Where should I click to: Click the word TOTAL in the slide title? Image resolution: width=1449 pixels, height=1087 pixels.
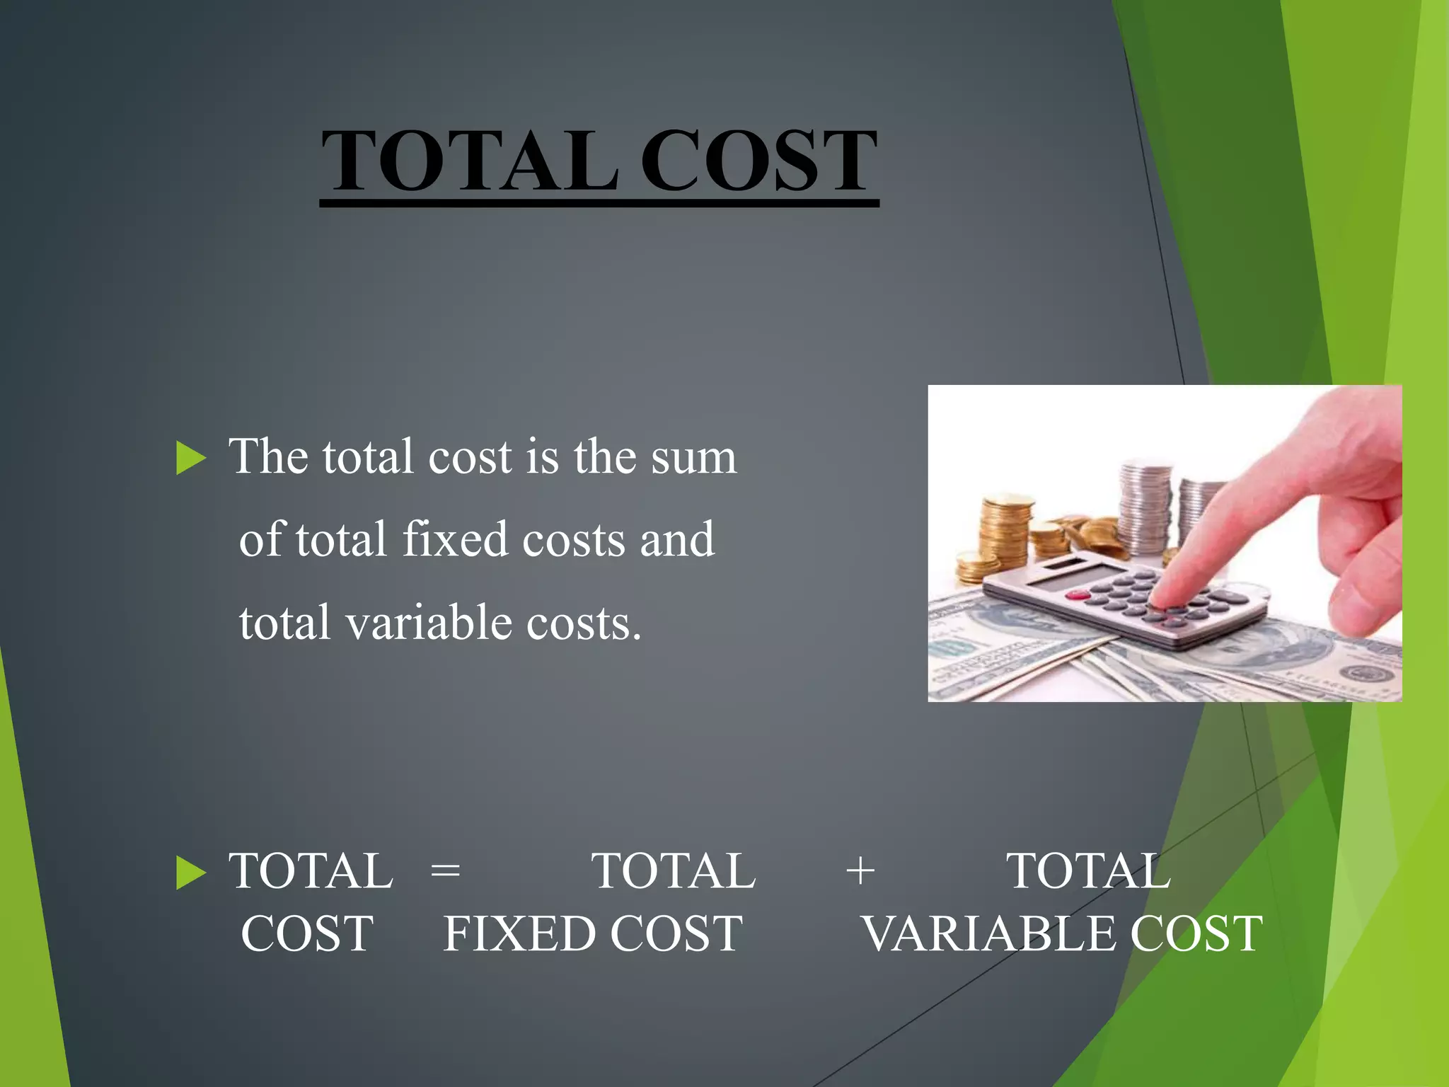pyautogui.click(x=470, y=161)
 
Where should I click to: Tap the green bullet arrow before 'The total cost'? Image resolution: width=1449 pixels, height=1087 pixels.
pyautogui.click(x=190, y=458)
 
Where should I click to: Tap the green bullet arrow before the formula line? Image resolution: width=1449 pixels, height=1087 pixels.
pyautogui.click(x=190, y=872)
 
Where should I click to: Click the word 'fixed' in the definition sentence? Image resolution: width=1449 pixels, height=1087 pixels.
pyautogui.click(x=456, y=540)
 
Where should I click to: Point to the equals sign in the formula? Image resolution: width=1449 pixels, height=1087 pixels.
pyautogui.click(x=446, y=870)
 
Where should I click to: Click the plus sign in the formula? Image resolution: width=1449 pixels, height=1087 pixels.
pyautogui.click(x=860, y=870)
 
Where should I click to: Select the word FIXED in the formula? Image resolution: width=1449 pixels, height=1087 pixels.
pyautogui.click(x=520, y=933)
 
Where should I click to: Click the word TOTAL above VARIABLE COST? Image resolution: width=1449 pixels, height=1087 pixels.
pyautogui.click(x=1088, y=870)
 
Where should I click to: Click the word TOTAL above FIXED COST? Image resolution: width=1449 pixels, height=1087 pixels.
pyautogui.click(x=674, y=870)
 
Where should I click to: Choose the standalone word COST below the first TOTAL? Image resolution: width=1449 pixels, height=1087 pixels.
pyautogui.click(x=307, y=933)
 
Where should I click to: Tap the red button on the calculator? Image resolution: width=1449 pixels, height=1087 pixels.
pyautogui.click(x=1078, y=596)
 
